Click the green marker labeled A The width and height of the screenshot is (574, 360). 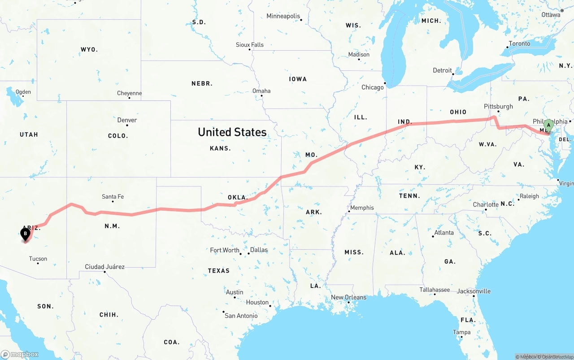(x=548, y=126)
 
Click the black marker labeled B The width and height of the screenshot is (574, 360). (x=26, y=234)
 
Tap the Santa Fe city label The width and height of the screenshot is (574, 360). (x=113, y=196)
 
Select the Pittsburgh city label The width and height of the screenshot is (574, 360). (x=498, y=106)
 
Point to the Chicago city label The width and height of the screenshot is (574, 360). (x=373, y=87)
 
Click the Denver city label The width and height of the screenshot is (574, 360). (x=127, y=120)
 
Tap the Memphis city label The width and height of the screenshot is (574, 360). (x=362, y=208)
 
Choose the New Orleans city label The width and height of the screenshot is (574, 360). (x=348, y=297)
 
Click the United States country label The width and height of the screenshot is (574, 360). (x=232, y=132)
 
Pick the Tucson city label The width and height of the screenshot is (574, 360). (x=38, y=259)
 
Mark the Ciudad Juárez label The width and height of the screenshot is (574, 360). (x=105, y=267)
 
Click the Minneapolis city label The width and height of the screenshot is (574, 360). (x=283, y=16)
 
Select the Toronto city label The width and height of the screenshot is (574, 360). (x=519, y=43)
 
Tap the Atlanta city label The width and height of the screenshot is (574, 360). (x=444, y=233)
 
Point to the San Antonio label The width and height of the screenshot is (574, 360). (x=241, y=316)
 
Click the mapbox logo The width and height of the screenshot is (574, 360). (x=20, y=354)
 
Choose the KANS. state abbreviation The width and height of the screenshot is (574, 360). (x=220, y=148)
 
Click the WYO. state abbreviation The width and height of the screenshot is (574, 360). (x=89, y=49)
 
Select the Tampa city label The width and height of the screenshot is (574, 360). (x=461, y=332)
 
